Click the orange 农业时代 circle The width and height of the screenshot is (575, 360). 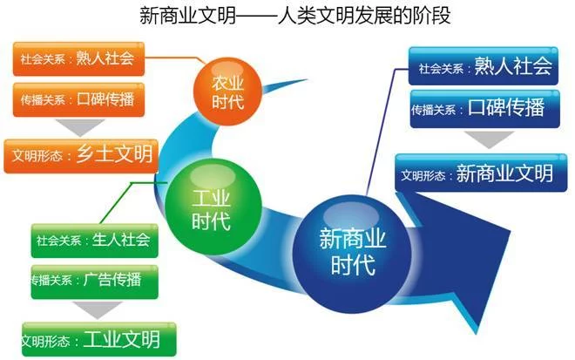point(227,92)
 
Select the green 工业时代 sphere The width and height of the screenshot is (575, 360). point(213,207)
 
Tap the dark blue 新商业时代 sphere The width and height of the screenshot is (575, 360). point(352,254)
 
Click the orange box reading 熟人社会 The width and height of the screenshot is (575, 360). point(78,59)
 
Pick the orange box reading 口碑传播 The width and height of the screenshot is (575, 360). point(78,100)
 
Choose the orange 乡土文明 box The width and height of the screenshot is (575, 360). point(81,156)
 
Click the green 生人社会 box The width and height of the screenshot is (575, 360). point(95,241)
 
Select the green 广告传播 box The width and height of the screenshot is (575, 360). point(95,282)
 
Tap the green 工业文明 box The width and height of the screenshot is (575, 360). point(99,339)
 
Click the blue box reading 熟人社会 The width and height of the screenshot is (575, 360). point(484,66)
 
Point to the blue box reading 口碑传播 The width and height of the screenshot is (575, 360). point(484,109)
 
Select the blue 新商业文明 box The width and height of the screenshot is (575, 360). point(481,173)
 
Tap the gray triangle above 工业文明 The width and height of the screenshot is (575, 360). point(97,309)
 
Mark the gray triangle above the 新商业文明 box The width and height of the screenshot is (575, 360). point(489,139)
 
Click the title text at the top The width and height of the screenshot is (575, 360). point(294,17)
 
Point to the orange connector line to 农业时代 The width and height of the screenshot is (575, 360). point(176,58)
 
